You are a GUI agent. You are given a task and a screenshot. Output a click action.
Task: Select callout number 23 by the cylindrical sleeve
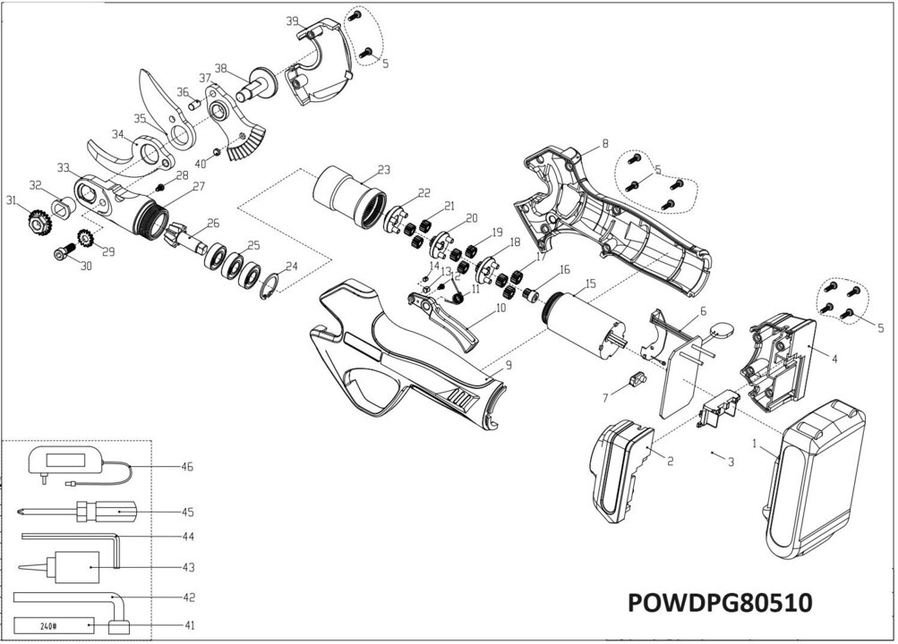[383, 169]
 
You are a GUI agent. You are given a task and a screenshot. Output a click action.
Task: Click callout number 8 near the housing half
[605, 143]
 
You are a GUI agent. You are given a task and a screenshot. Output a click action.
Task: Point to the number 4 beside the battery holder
[833, 360]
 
